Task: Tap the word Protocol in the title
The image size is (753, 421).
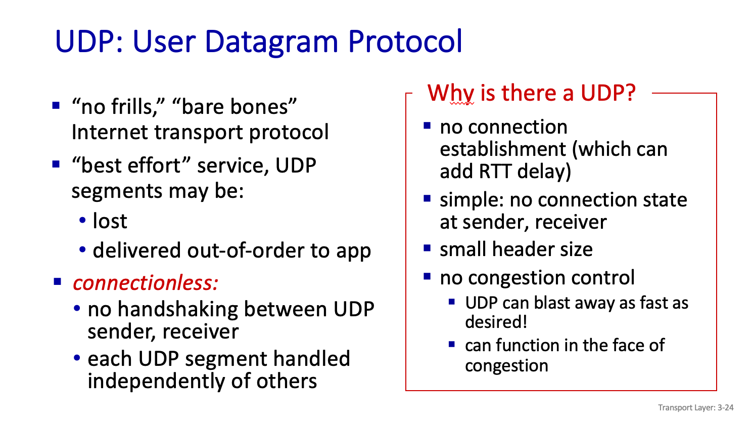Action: [405, 41]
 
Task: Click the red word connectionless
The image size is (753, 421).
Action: [146, 283]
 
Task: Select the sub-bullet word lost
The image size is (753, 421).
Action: [110, 221]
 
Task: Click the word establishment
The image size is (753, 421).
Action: [503, 149]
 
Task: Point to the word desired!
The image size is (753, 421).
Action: [496, 322]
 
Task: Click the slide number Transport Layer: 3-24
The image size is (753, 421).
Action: [695, 407]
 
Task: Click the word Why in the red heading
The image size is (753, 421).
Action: [451, 94]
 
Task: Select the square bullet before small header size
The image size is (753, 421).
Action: [427, 248]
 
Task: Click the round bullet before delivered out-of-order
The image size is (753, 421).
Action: [82, 249]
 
